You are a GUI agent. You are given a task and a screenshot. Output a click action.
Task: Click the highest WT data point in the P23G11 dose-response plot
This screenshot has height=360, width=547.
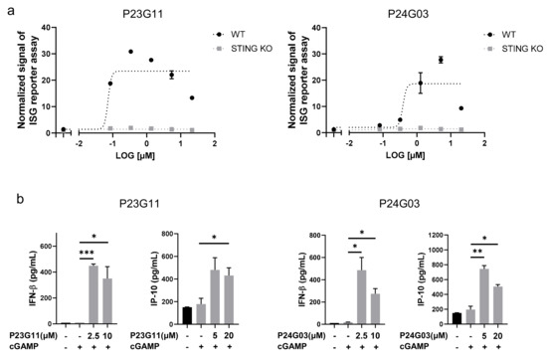(x=130, y=52)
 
